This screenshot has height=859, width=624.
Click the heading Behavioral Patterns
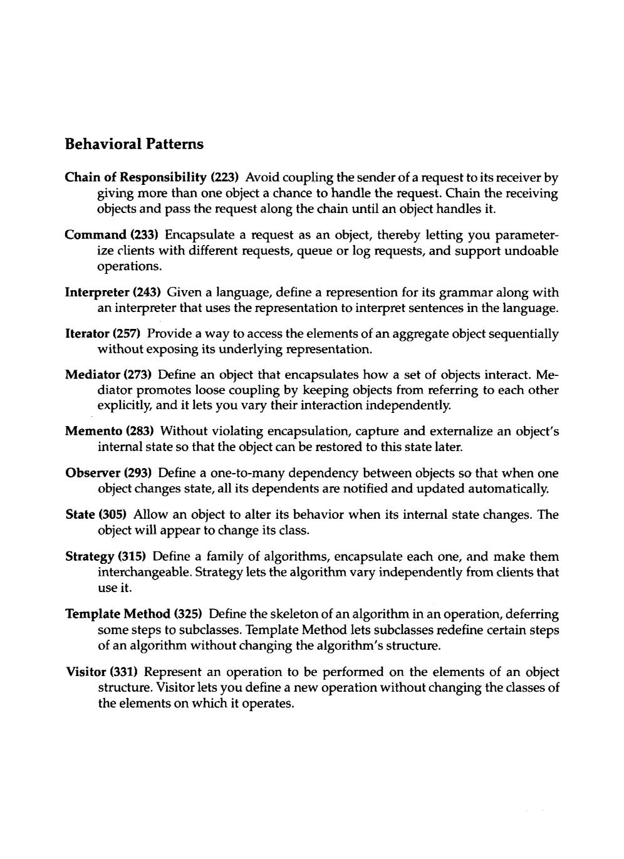click(x=134, y=144)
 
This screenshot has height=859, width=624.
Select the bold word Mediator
click(x=93, y=375)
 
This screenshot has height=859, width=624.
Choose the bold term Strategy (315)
click(x=106, y=556)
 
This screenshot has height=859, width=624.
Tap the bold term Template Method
click(x=118, y=614)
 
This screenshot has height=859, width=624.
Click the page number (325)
click(x=188, y=614)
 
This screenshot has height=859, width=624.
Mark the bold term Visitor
click(x=86, y=672)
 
